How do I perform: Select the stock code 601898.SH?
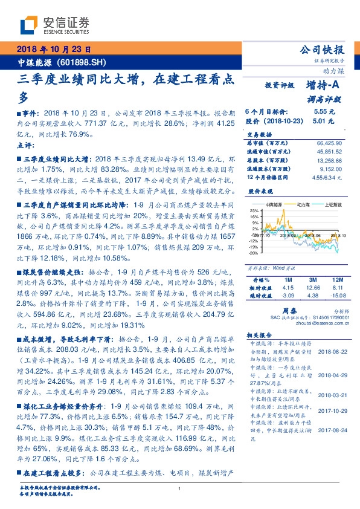[84, 62]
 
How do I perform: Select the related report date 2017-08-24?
[329, 432]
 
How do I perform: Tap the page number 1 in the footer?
[180, 489]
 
